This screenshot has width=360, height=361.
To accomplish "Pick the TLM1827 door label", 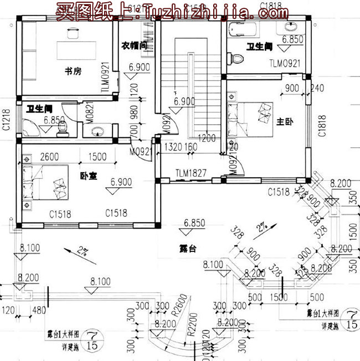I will [x=191, y=173].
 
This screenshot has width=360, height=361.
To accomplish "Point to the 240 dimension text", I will [x=317, y=88].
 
